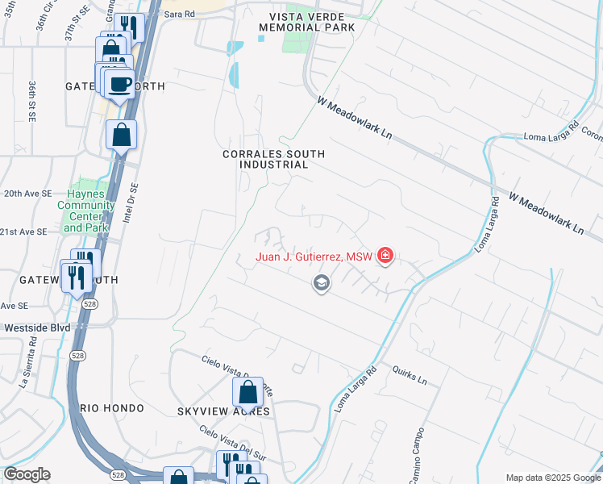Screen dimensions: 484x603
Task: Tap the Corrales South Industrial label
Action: [x=274, y=159]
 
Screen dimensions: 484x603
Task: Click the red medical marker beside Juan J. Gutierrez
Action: [x=385, y=257]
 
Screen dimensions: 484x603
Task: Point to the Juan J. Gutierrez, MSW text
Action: [x=314, y=257]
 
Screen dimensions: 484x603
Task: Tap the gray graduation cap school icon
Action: [x=321, y=283]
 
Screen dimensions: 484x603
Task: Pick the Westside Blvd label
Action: [x=37, y=328]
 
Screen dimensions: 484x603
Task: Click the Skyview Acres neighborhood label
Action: [x=223, y=411]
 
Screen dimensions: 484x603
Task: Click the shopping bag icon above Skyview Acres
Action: [x=248, y=392]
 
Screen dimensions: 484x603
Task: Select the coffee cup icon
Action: [x=120, y=84]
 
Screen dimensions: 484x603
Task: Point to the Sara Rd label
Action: [x=179, y=15]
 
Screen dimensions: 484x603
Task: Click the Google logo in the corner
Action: [x=27, y=474]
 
